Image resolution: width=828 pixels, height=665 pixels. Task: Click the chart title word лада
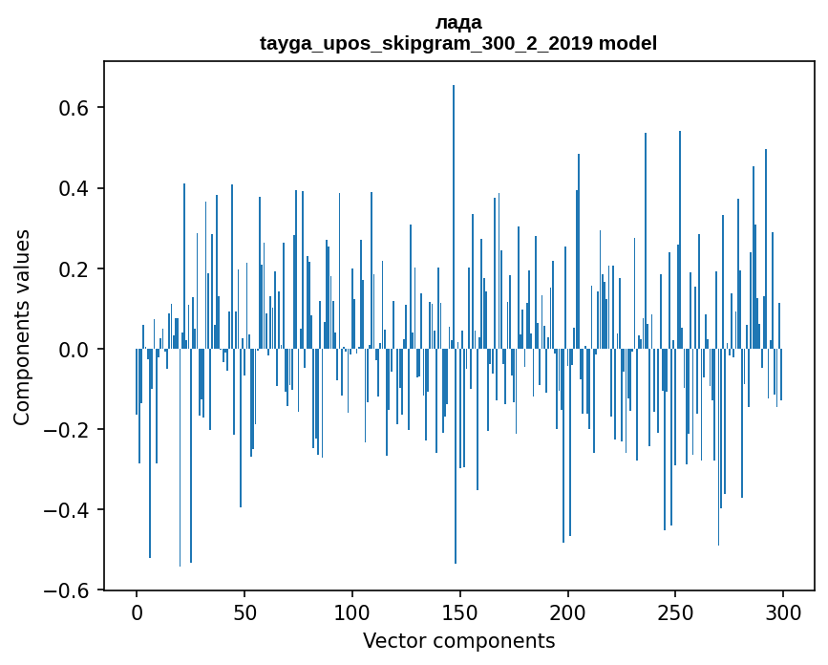click(x=458, y=22)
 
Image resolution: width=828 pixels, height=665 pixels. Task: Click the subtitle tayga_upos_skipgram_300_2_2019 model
click(x=458, y=43)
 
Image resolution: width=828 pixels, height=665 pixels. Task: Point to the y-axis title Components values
click(x=22, y=326)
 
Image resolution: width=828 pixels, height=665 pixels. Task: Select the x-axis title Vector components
click(x=458, y=640)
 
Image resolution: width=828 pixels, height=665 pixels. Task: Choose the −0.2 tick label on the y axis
click(x=69, y=430)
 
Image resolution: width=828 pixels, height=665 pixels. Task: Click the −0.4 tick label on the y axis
click(x=69, y=510)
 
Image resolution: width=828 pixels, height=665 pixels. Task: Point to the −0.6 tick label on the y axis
click(x=69, y=590)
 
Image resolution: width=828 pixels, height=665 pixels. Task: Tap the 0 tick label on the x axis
click(x=137, y=611)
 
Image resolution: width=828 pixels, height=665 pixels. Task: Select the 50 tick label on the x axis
click(x=244, y=611)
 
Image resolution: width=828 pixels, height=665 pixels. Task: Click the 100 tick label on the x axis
click(x=352, y=611)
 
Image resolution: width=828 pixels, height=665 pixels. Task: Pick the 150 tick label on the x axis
click(x=460, y=611)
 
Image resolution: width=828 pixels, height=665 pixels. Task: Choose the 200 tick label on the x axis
click(x=568, y=611)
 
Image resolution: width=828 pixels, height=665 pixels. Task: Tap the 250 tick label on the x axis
click(x=676, y=611)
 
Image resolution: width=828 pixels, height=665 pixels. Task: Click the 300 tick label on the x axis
click(x=784, y=611)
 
